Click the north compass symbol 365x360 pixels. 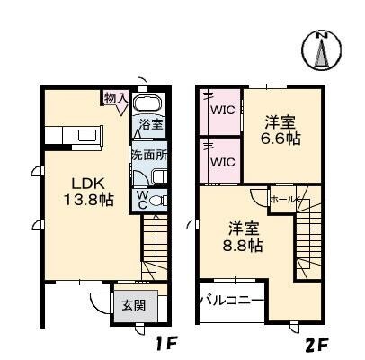tap(323, 49)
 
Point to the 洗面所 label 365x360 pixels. tap(148, 154)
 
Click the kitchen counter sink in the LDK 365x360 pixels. tap(88, 137)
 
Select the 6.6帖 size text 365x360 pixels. tap(280, 140)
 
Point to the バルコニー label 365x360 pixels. tap(231, 301)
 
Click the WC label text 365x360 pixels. tap(142, 200)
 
